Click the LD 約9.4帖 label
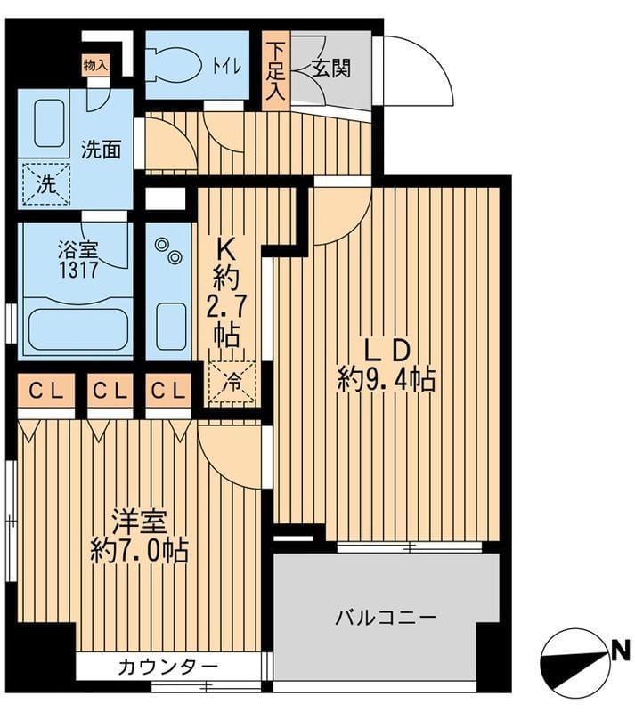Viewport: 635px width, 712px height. [386, 365]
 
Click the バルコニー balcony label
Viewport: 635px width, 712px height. [385, 616]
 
